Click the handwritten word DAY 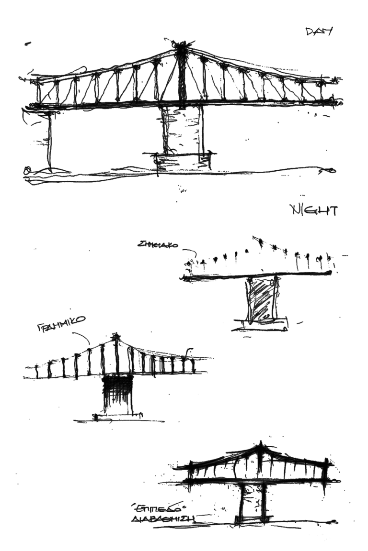click(319, 32)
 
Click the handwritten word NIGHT click(314, 210)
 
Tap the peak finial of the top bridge click(182, 45)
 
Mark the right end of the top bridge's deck click(339, 102)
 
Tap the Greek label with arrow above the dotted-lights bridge click(158, 245)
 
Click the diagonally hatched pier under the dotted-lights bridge click(261, 299)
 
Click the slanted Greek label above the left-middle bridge click(61, 324)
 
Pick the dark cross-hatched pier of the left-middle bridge click(116, 395)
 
